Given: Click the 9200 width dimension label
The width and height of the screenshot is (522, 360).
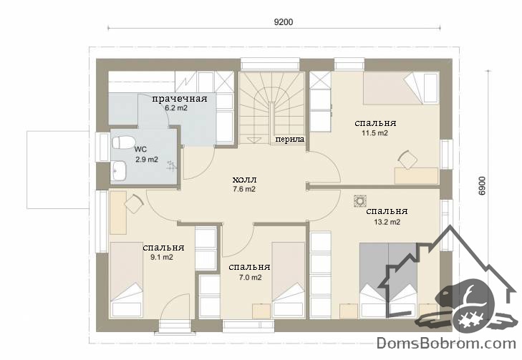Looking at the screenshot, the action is coord(284,22).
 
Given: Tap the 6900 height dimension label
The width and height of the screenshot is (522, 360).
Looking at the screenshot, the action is coord(483,186).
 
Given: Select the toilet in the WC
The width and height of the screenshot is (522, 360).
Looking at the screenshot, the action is coord(122,142).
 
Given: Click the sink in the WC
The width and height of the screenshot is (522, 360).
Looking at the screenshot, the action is coord(119,170).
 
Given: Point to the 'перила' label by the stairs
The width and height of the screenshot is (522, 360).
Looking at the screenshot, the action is coord(289,139).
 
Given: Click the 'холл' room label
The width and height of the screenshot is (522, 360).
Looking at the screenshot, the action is coord(244,180).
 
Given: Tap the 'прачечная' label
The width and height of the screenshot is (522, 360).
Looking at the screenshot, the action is coord(180,99).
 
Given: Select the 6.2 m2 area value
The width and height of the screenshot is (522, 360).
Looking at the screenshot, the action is coord(176,108).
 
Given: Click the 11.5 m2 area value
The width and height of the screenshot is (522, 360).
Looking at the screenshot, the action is coord(375,133).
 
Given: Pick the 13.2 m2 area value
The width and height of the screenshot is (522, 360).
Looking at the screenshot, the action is coord(387,222).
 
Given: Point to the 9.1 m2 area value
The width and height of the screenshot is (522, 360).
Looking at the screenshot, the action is coord(162,257).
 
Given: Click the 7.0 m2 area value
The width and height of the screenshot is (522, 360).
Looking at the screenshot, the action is coord(251,277).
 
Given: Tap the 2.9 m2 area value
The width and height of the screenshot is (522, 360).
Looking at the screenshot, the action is coord(147,160).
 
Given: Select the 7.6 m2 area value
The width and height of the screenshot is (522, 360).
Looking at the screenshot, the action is coord(244,190).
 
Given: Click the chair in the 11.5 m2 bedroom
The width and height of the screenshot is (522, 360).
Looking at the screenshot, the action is coord(407,160).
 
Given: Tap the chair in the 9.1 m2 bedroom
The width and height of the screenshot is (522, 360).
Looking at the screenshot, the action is coord(134,204).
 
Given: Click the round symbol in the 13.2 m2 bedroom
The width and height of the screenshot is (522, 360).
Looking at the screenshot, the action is coord(360,201).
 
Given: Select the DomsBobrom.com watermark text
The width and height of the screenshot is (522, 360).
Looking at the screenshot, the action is coord(446,344).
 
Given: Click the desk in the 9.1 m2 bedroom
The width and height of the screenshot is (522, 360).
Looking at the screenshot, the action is coord(118,213).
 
